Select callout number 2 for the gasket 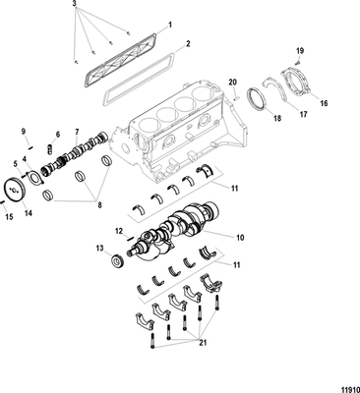click(188, 45)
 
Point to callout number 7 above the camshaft click(78, 130)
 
